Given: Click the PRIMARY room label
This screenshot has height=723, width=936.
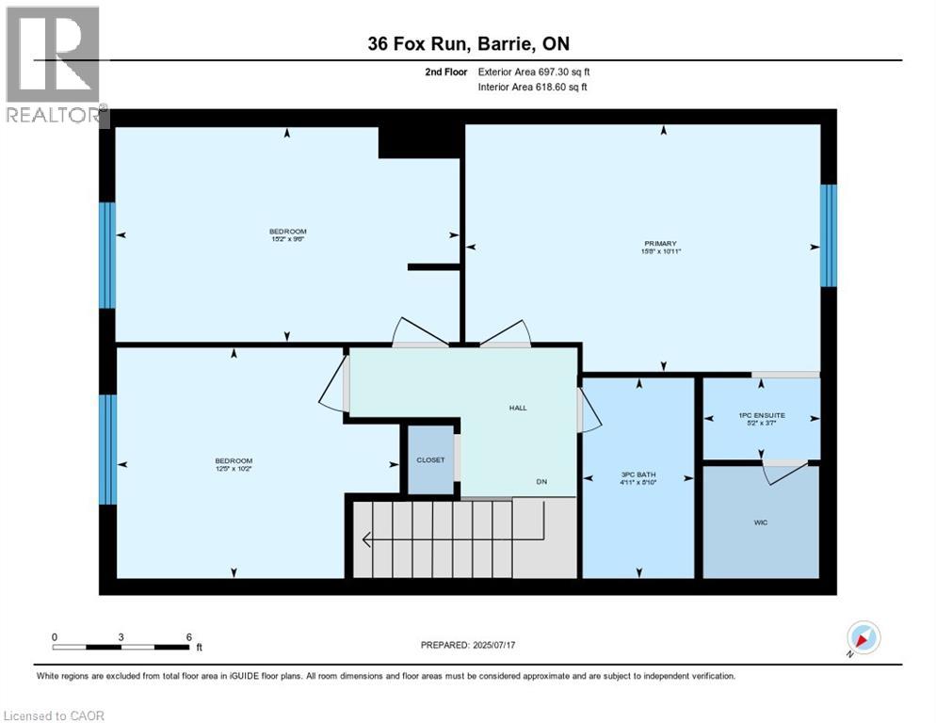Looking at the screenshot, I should (x=660, y=243).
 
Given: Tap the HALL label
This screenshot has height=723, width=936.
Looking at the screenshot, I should (x=517, y=408).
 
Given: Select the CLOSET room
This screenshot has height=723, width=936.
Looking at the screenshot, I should (x=430, y=459).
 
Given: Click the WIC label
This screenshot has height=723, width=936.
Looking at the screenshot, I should (x=761, y=522).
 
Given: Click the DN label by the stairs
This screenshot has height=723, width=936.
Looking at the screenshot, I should (x=541, y=481).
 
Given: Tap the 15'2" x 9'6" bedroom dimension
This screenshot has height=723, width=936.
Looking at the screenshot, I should (x=287, y=239).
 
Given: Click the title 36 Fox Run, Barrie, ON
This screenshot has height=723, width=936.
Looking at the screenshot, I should (x=467, y=44).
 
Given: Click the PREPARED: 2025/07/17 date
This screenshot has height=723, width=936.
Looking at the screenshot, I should (x=468, y=645).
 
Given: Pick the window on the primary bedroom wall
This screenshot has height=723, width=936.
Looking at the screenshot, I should (x=828, y=235).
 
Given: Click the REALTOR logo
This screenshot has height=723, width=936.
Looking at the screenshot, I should (x=54, y=66).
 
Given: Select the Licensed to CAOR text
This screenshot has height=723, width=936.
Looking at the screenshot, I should (x=54, y=715).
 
